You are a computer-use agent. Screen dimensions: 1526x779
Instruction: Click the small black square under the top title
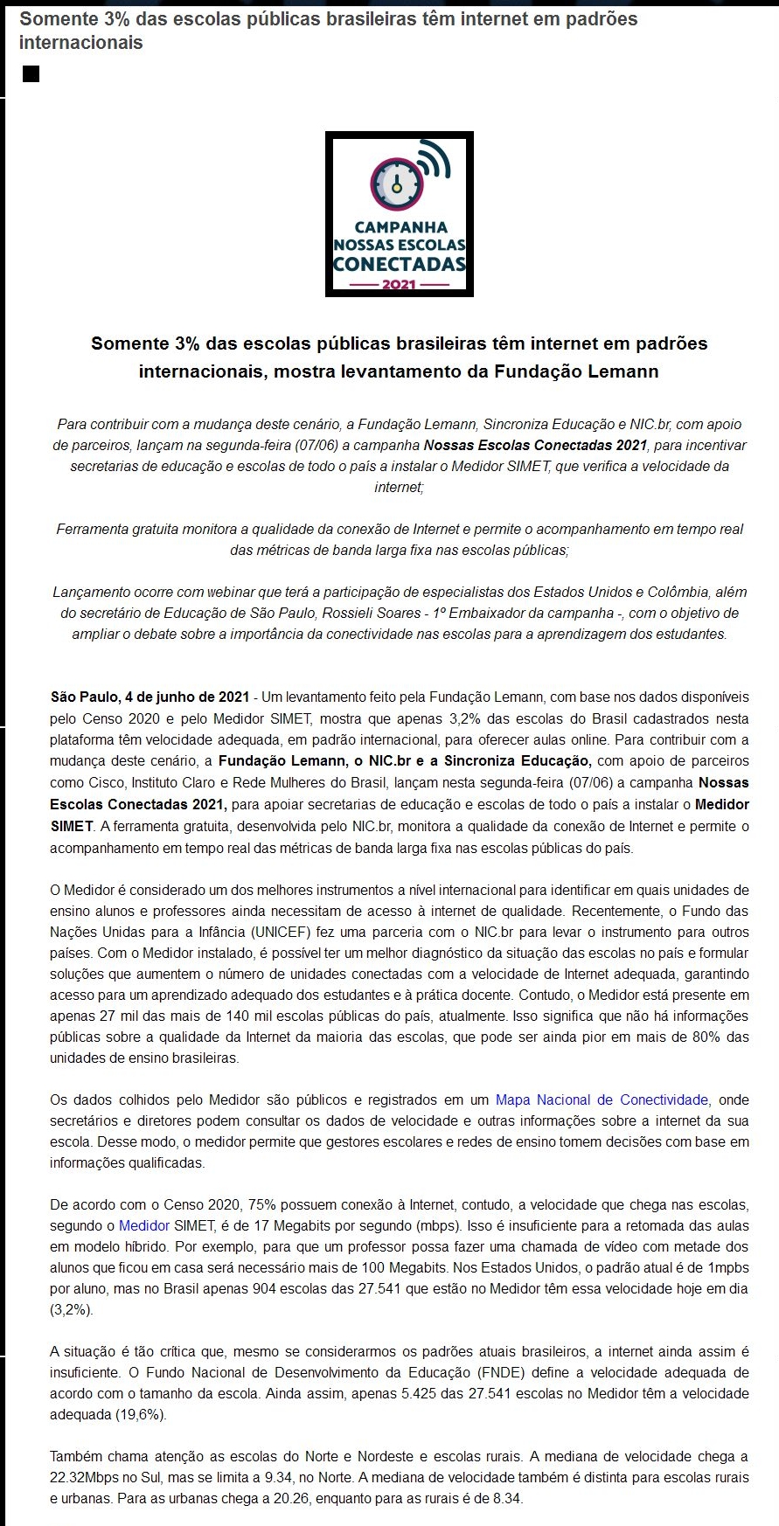pos(31,74)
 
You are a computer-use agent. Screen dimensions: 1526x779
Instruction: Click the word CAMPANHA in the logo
pos(400,227)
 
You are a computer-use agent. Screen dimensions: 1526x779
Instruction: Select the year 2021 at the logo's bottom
pos(399,285)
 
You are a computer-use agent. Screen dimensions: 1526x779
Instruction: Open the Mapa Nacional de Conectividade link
pos(602,1099)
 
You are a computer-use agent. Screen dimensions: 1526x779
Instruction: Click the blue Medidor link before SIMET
pos(144,1225)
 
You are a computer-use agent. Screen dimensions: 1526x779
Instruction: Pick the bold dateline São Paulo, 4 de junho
pos(150,697)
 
